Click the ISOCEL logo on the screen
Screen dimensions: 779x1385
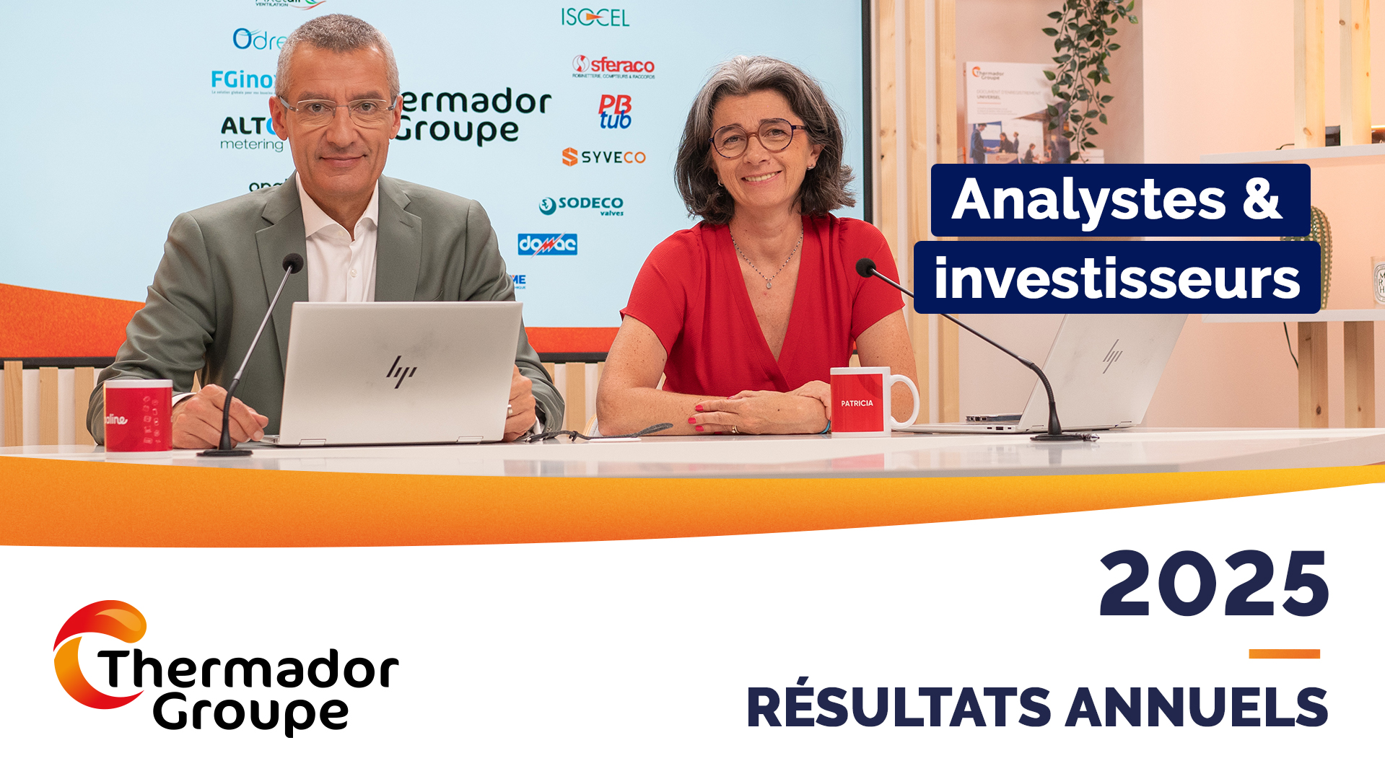coord(595,17)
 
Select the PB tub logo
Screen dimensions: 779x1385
coord(615,112)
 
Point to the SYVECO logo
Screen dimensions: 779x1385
coord(603,157)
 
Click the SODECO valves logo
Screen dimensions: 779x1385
coord(582,206)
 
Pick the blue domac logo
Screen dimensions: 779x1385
coord(547,245)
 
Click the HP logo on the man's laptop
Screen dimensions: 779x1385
coord(401,371)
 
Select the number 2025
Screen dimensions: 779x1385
coord(1213,584)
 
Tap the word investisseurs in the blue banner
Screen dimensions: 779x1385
coord(1117,279)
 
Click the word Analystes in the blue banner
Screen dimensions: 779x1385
coord(1088,200)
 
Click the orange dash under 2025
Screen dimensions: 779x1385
coord(1284,653)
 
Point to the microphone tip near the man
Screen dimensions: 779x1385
coord(292,263)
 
